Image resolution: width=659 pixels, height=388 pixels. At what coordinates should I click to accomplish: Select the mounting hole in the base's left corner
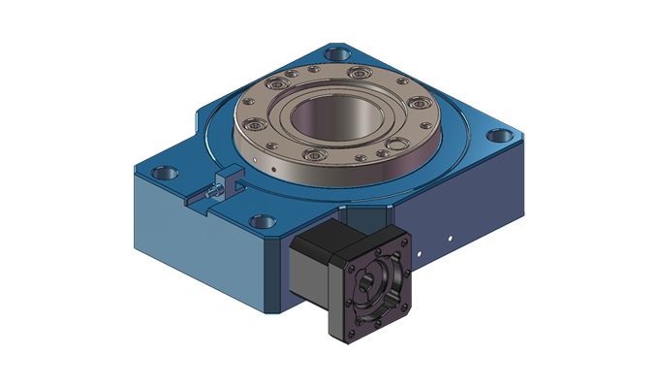(x=166, y=172)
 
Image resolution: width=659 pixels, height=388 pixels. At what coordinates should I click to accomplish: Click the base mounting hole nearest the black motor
(x=261, y=222)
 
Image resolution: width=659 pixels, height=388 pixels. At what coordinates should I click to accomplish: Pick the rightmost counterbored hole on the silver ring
(x=424, y=104)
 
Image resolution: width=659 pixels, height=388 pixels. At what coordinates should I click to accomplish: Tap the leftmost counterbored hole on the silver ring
(x=255, y=124)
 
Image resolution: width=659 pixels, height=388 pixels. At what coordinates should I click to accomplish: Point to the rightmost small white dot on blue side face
(x=451, y=234)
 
